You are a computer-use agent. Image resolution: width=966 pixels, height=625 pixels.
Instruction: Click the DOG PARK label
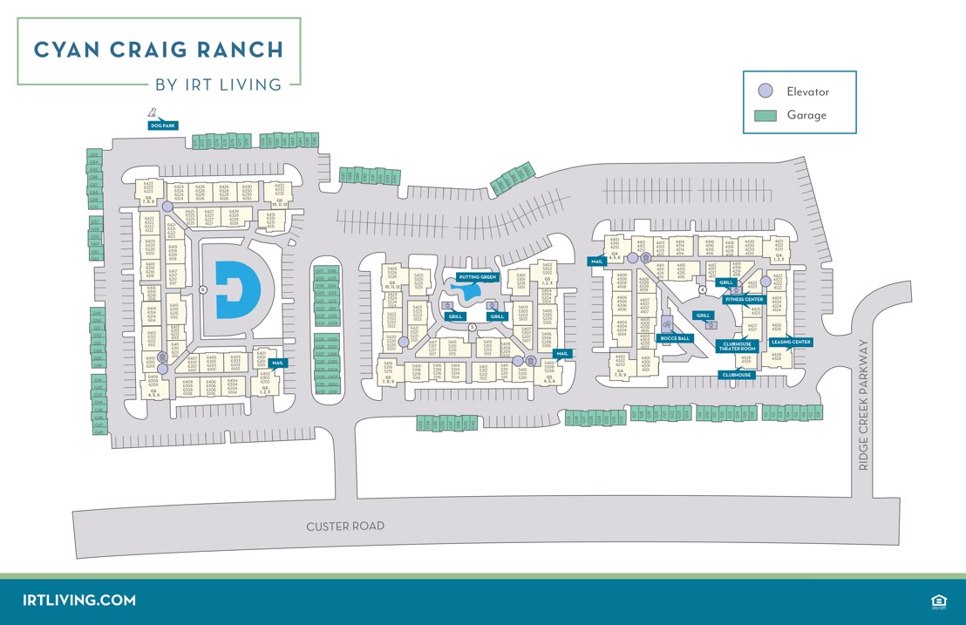tap(163, 126)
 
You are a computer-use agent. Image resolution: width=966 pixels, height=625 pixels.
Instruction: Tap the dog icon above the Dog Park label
tap(153, 112)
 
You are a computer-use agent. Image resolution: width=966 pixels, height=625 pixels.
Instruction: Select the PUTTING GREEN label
tap(477, 277)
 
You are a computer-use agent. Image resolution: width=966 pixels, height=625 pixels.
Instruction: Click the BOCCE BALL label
tap(675, 338)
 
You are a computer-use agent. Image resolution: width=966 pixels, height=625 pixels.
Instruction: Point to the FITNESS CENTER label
tap(744, 299)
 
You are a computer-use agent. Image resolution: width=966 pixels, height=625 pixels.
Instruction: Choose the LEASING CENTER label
tap(791, 342)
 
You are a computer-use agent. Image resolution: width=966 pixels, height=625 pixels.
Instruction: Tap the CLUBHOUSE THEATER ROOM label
tap(737, 346)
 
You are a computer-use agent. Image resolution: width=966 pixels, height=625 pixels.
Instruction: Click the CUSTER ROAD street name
tap(345, 526)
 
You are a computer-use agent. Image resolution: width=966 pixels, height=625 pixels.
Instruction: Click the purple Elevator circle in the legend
tap(765, 91)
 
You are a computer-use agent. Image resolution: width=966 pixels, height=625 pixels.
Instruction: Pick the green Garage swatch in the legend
tap(765, 115)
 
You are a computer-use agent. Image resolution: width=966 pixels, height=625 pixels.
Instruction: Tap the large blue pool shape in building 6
tap(237, 289)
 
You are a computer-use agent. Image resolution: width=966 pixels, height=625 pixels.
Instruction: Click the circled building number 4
tap(703, 290)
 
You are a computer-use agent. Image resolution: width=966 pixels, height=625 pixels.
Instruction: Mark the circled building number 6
tap(202, 289)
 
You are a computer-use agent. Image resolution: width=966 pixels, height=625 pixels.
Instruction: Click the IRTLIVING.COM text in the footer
tap(79, 600)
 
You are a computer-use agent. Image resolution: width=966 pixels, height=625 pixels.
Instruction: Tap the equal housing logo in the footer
tap(939, 601)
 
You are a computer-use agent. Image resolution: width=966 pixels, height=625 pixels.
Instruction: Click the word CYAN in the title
tap(72, 49)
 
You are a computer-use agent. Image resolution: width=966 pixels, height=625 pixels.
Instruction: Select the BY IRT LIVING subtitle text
tap(218, 85)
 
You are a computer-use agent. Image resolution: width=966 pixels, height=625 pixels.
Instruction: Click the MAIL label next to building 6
tap(277, 363)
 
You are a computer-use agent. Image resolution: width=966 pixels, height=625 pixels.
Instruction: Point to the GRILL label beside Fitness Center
tap(725, 282)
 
